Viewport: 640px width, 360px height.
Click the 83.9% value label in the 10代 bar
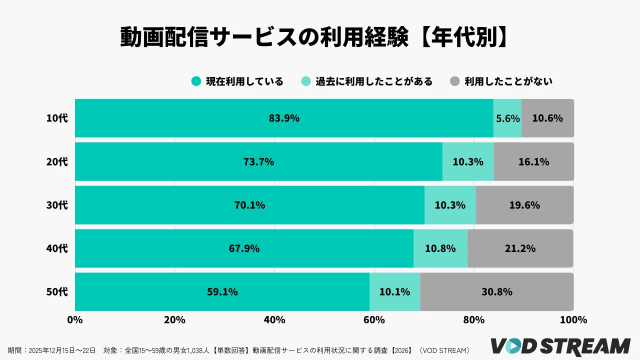(x=284, y=118)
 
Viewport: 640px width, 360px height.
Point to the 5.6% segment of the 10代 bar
(x=507, y=118)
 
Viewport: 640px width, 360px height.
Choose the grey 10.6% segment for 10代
(x=548, y=118)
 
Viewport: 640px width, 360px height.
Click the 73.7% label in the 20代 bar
(x=258, y=161)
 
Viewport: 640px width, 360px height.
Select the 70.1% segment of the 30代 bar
(x=249, y=205)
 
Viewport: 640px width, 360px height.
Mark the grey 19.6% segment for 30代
(x=525, y=205)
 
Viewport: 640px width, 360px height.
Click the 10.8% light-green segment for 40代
(x=440, y=248)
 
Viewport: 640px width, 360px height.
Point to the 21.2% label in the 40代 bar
(x=521, y=248)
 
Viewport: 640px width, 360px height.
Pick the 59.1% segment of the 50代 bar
(x=222, y=292)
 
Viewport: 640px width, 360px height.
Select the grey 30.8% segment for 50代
(x=497, y=292)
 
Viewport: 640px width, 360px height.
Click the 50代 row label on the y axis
(x=57, y=292)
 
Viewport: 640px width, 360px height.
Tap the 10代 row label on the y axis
(x=57, y=118)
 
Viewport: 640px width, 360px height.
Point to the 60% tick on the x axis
(x=374, y=321)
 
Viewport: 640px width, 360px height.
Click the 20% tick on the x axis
(x=174, y=321)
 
